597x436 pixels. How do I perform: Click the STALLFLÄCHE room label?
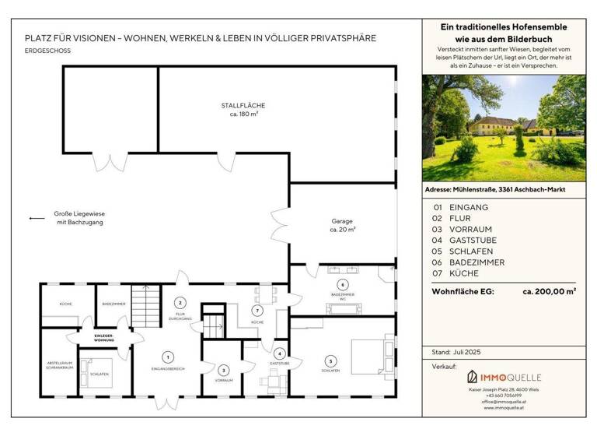pyautogui.click(x=244, y=109)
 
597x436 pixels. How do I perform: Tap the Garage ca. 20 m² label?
pyautogui.click(x=342, y=225)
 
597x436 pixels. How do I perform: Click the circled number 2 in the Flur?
pyautogui.click(x=180, y=302)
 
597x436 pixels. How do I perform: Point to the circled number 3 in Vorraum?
pyautogui.click(x=223, y=371)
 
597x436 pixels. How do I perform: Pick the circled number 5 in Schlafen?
pyautogui.click(x=330, y=361)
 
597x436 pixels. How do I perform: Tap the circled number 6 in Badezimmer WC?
pyautogui.click(x=342, y=284)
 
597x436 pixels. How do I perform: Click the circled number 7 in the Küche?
pyautogui.click(x=257, y=310)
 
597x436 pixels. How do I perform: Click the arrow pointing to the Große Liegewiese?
pyautogui.click(x=37, y=219)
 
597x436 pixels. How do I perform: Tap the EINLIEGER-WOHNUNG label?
pyautogui.click(x=104, y=337)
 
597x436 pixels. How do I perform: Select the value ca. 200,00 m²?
pyautogui.click(x=549, y=291)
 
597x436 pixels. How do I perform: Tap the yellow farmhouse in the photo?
pyautogui.click(x=497, y=125)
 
